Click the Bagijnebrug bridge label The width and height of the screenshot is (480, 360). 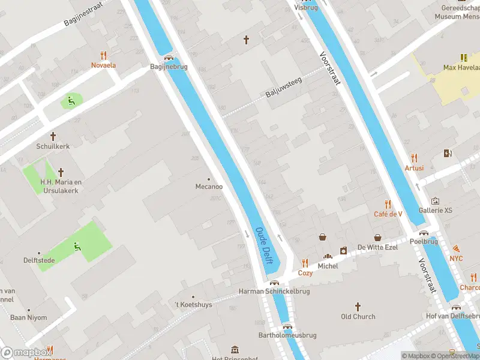click(x=169, y=67)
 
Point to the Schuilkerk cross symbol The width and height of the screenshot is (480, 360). click(x=53, y=136)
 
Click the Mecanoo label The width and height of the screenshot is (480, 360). click(x=209, y=187)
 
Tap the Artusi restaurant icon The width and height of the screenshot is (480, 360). click(x=414, y=158)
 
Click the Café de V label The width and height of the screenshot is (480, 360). click(x=388, y=214)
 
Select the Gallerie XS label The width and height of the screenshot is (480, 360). click(x=436, y=210)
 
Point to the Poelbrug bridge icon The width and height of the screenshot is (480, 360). click(x=424, y=233)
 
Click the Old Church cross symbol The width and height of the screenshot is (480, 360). click(x=358, y=306)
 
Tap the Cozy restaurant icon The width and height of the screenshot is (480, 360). click(x=305, y=263)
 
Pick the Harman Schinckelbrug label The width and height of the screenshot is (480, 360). click(x=274, y=291)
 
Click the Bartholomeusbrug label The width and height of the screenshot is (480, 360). click(x=283, y=335)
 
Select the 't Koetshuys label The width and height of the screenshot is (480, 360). click(x=193, y=305)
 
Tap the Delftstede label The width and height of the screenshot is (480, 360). click(x=38, y=260)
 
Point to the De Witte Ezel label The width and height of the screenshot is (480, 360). click(x=378, y=247)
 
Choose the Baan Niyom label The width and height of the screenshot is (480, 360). click(x=28, y=317)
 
